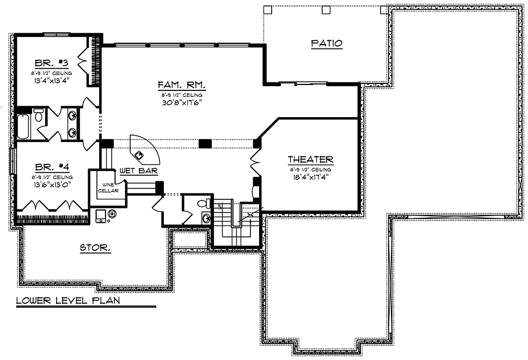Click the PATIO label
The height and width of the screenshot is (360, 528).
327,44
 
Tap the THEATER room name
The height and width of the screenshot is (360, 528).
310,160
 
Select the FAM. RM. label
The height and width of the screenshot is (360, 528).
176,85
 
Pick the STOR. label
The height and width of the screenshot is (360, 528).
95,248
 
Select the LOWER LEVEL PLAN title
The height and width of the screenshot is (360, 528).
68,300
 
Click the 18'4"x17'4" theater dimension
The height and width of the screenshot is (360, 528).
310,176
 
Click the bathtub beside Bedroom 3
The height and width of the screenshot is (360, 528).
22,126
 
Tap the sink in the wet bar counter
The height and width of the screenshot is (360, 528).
143,155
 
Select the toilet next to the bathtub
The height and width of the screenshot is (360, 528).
39,115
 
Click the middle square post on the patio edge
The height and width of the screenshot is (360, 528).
326,9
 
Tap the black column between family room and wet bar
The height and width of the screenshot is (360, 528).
205,143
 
